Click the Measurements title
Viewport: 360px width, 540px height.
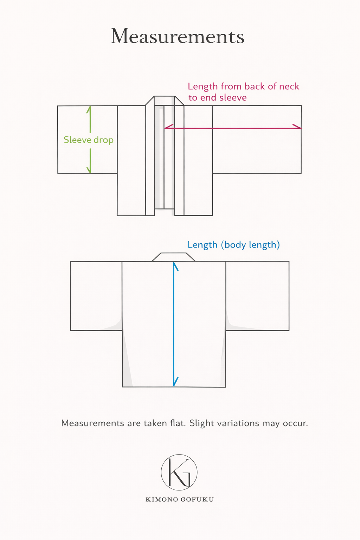pos(178,37)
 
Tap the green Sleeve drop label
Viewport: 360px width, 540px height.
pos(88,140)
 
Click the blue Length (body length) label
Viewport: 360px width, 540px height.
pos(233,245)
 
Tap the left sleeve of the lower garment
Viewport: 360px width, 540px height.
pos(96,295)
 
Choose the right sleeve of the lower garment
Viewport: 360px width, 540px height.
pos(257,295)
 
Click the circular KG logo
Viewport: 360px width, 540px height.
pos(179,472)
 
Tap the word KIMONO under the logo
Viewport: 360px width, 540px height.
pos(161,500)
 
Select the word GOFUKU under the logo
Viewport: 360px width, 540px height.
pos(197,500)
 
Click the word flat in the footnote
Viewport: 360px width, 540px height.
pos(178,423)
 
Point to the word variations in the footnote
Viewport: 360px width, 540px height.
pos(238,423)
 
